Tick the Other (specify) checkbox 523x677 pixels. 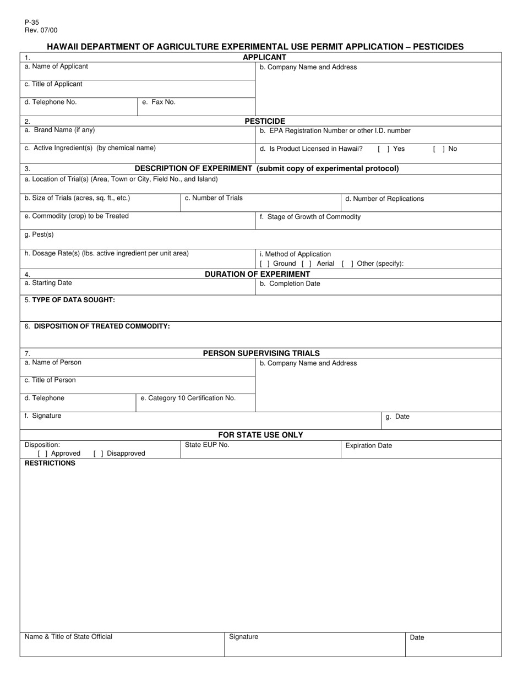(x=347, y=264)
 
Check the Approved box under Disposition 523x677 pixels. (x=42, y=454)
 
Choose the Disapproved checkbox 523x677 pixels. (x=99, y=454)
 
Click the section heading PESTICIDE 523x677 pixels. (x=265, y=121)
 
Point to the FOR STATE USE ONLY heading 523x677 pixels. (x=260, y=435)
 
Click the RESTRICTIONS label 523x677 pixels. (x=50, y=463)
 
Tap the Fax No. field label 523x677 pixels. (x=159, y=102)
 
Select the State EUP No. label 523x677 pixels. (x=207, y=445)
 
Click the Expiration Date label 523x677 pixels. (x=368, y=446)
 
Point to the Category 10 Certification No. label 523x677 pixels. (x=188, y=398)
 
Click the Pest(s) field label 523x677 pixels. (x=39, y=235)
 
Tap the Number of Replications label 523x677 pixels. (x=384, y=199)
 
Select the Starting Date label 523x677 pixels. (x=48, y=283)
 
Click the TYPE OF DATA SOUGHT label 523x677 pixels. (x=69, y=300)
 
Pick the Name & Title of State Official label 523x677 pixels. (x=68, y=637)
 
